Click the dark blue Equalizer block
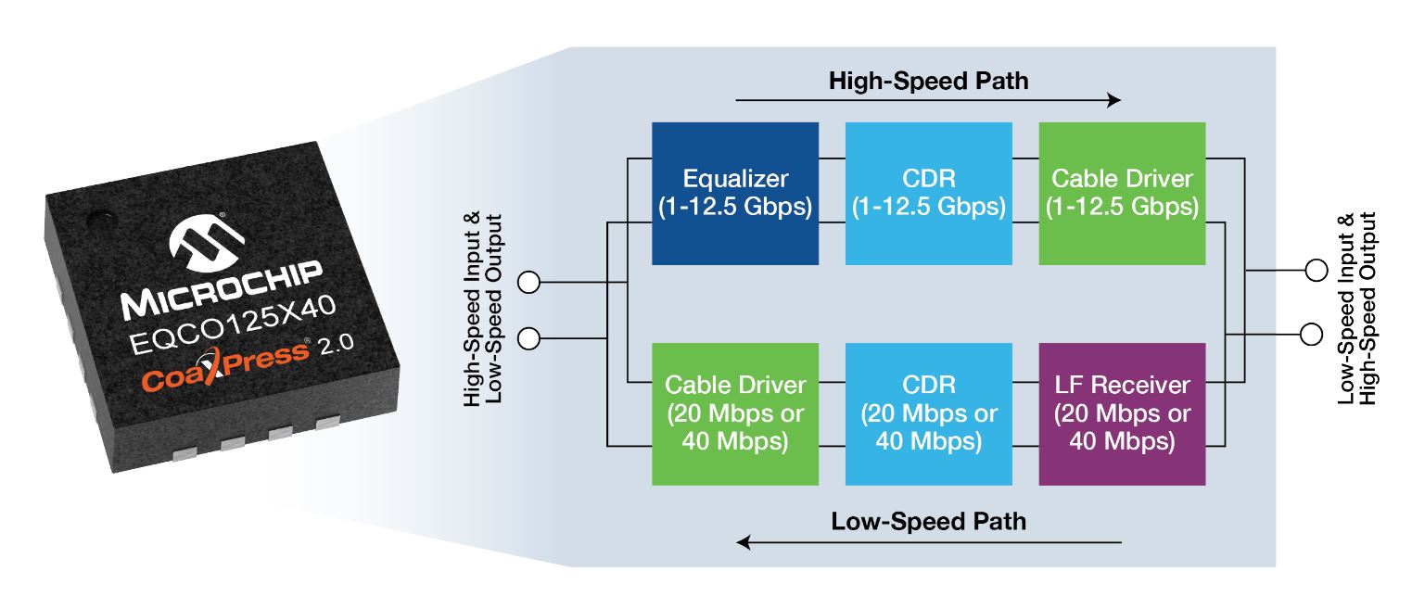pyautogui.click(x=735, y=193)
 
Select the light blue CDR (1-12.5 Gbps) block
pyautogui.click(x=929, y=193)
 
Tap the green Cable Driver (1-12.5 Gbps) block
pyautogui.click(x=1122, y=193)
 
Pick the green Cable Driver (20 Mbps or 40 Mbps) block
pyautogui.click(x=735, y=413)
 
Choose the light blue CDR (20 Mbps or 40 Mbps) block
pyautogui.click(x=929, y=413)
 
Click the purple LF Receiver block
pyautogui.click(x=1122, y=413)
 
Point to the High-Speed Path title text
pyautogui.click(x=928, y=81)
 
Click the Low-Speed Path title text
pyautogui.click(x=929, y=521)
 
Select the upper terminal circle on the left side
pyautogui.click(x=528, y=283)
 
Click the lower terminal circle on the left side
pyautogui.click(x=528, y=339)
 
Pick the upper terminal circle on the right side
pyautogui.click(x=1316, y=271)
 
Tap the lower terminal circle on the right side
pyautogui.click(x=1316, y=332)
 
